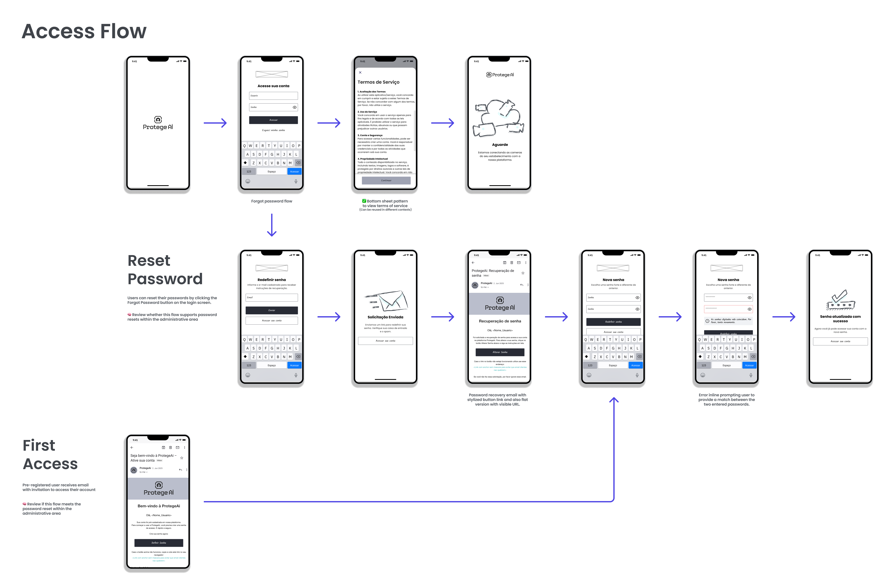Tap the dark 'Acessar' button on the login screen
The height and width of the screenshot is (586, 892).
273,120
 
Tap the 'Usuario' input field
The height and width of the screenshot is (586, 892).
273,95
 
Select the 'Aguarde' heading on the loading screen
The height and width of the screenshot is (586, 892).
500,145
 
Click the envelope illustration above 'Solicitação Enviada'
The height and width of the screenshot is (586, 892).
386,301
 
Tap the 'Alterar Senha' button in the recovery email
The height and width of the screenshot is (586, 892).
500,352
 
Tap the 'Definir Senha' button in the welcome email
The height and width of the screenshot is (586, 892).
159,542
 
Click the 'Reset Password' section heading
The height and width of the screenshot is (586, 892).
165,270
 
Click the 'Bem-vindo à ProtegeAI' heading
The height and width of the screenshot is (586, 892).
159,506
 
